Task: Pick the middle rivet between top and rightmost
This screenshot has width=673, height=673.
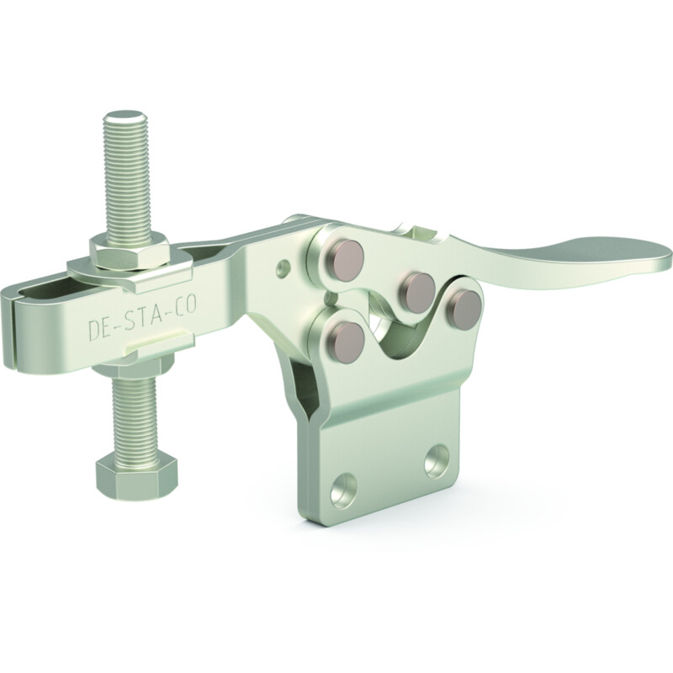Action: click(417, 288)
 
